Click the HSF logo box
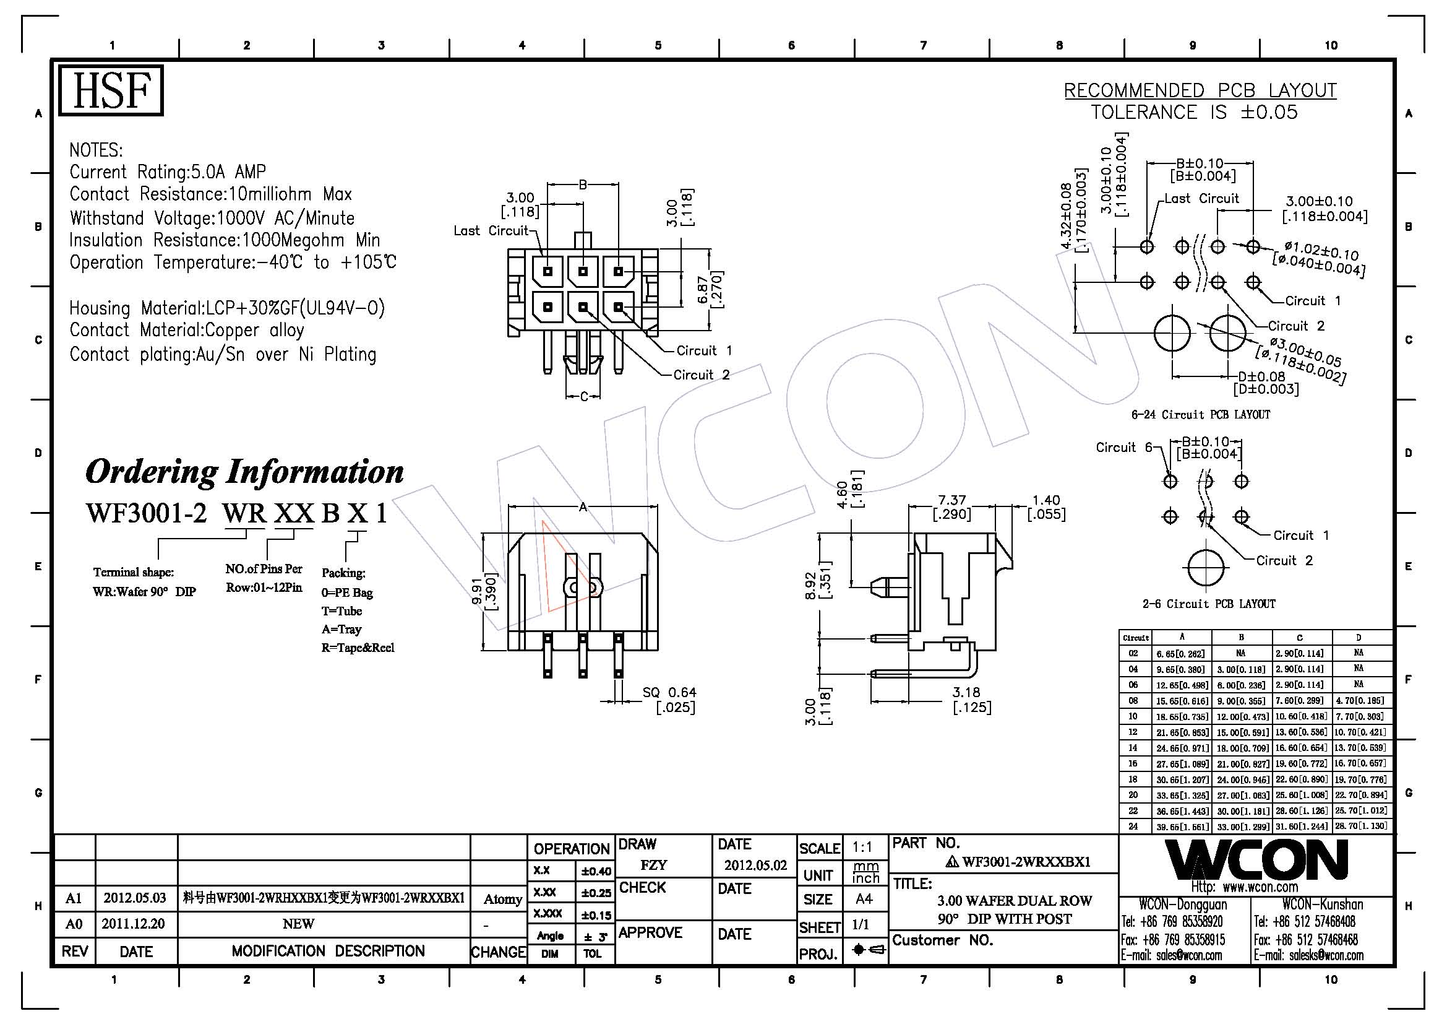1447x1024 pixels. click(x=111, y=91)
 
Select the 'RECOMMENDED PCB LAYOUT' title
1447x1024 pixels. click(x=1200, y=91)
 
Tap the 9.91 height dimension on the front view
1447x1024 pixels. click(x=485, y=591)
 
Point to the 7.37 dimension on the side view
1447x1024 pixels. click(x=951, y=507)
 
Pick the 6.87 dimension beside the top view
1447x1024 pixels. click(x=710, y=289)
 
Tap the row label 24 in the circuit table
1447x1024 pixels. click(x=1133, y=827)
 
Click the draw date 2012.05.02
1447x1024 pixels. click(x=755, y=865)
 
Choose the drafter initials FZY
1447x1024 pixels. click(x=653, y=865)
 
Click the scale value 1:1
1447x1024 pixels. click(x=862, y=848)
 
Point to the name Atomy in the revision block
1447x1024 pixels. click(x=502, y=899)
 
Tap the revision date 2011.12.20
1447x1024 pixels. click(x=134, y=924)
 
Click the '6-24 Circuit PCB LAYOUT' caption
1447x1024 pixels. click(x=1201, y=414)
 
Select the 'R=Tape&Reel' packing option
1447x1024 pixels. click(x=358, y=648)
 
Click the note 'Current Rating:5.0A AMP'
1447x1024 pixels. click(x=168, y=171)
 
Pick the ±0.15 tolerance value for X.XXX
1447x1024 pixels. click(x=596, y=914)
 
